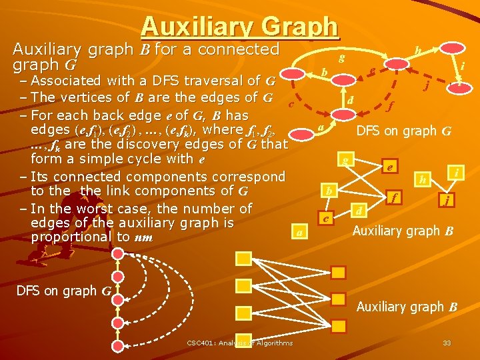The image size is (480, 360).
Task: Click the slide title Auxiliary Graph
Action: (x=240, y=27)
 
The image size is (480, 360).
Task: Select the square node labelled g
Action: (x=345, y=161)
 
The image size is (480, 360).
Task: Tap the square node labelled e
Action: (x=389, y=167)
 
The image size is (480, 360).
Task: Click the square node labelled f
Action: (x=396, y=197)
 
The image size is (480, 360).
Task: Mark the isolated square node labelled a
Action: (x=300, y=232)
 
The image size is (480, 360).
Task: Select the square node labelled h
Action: (x=422, y=179)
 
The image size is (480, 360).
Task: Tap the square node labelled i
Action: (x=457, y=173)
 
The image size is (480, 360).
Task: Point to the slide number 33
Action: (x=447, y=343)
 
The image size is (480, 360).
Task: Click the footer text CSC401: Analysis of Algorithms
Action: (x=239, y=343)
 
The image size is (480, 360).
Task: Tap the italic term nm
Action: (x=143, y=237)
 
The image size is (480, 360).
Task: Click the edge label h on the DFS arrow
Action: (x=417, y=51)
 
